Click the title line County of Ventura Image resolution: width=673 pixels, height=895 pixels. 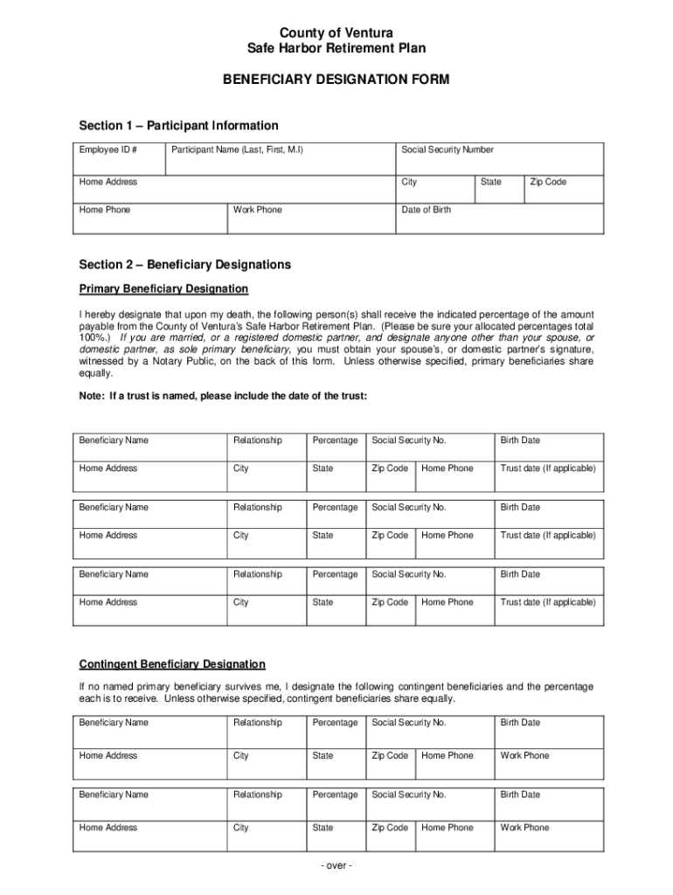click(x=336, y=33)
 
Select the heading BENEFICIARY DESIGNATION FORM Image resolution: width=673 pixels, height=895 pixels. click(x=336, y=80)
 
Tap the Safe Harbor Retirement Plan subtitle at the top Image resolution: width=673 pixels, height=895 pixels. click(x=336, y=49)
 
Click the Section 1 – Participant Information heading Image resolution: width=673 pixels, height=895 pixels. click(x=178, y=126)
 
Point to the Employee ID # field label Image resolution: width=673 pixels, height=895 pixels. click(x=108, y=149)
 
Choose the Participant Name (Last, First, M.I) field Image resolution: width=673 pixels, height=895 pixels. click(x=237, y=149)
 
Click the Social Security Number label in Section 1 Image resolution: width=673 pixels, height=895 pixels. click(x=447, y=149)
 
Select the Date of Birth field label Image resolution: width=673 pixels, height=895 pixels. click(x=426, y=210)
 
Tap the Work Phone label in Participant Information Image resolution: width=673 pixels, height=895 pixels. click(x=258, y=210)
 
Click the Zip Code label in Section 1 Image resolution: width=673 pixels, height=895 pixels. click(x=548, y=182)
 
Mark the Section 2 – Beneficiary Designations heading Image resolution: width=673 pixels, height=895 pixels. click(x=184, y=265)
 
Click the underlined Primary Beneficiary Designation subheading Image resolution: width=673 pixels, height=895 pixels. click(x=163, y=288)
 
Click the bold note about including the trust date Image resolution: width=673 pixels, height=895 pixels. click(x=223, y=396)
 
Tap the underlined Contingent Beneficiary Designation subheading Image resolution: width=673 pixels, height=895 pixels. click(x=172, y=664)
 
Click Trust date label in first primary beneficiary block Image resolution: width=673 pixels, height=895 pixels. click(x=547, y=468)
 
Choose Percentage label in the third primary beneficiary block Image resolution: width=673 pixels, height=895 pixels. click(x=335, y=574)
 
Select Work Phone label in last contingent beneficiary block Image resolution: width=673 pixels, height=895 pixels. click(x=524, y=828)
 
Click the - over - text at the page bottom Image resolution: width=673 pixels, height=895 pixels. click(x=336, y=866)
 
